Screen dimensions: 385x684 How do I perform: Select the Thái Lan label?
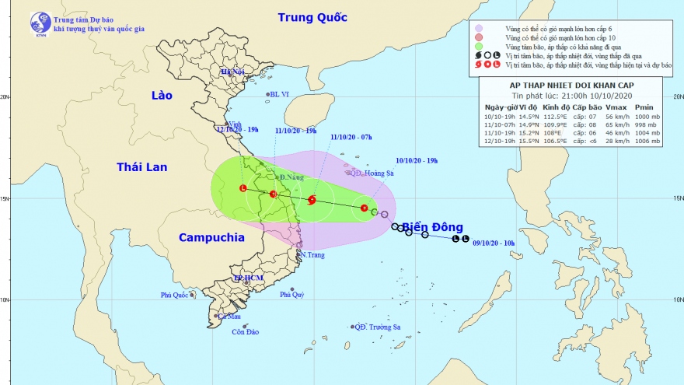pyautogui.click(x=141, y=166)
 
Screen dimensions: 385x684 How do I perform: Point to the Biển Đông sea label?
pyautogui.click(x=425, y=227)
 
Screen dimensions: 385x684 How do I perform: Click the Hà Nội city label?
pyautogui.click(x=232, y=72)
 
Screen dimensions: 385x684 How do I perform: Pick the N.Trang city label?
pyautogui.click(x=311, y=254)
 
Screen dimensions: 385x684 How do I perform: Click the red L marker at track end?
pyautogui.click(x=243, y=188)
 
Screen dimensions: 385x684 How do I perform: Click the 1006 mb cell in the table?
pyautogui.click(x=647, y=142)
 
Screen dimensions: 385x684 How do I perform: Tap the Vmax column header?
pyautogui.click(x=616, y=107)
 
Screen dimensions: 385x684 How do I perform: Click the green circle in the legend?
pyautogui.click(x=480, y=47)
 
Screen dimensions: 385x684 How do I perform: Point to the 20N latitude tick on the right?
pyautogui.click(x=676, y=97)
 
